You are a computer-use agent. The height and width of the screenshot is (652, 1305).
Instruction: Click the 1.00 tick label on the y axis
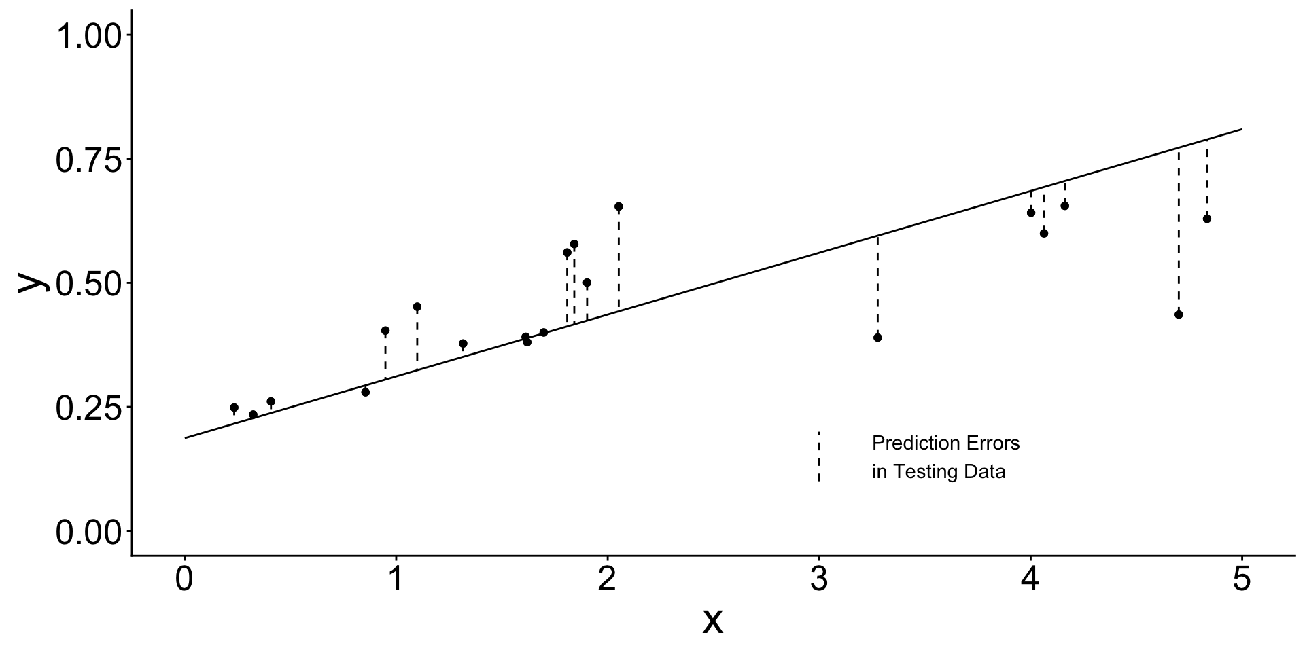click(88, 35)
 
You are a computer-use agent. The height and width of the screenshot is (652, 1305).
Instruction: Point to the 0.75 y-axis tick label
click(88, 160)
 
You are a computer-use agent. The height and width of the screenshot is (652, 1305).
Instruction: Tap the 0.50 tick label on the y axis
click(88, 283)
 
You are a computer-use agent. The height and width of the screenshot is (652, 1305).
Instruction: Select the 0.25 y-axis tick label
click(88, 407)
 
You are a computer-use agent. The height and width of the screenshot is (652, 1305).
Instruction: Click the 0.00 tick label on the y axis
click(88, 532)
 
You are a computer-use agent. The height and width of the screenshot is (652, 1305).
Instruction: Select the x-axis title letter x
click(712, 620)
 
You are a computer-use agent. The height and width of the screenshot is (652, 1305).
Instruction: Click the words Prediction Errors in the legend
click(945, 443)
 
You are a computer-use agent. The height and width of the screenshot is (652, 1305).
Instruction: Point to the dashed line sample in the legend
click(819, 456)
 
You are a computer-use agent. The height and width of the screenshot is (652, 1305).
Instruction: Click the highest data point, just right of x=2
click(619, 206)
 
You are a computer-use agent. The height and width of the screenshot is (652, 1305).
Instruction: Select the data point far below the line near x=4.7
click(1179, 314)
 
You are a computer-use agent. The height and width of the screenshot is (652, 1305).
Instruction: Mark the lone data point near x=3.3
click(877, 338)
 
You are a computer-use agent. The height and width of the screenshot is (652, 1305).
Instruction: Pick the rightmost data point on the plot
click(1207, 219)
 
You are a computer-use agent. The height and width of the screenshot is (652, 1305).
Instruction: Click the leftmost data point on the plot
click(234, 407)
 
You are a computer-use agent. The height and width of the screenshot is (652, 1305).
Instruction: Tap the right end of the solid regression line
click(1242, 129)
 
